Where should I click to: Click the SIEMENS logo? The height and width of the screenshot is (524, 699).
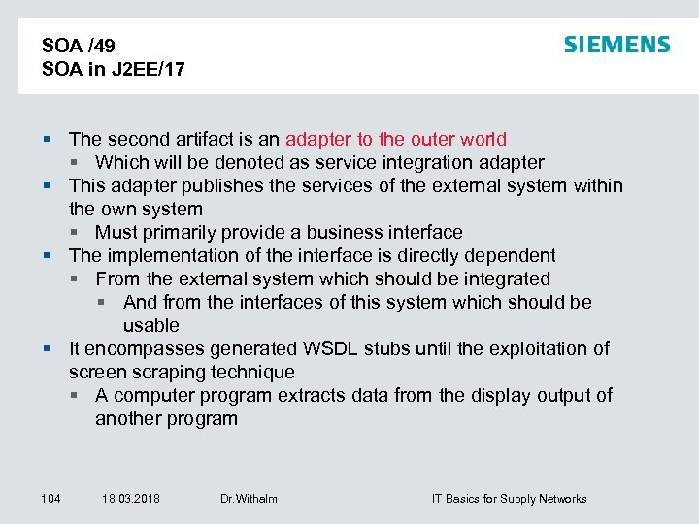coord(616,45)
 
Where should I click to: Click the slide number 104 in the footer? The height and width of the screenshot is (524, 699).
coord(51,499)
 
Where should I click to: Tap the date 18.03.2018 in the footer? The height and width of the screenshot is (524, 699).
coord(131,499)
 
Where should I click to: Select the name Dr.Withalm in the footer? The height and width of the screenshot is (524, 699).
coord(249,499)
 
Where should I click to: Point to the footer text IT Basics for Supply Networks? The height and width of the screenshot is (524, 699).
coord(509,499)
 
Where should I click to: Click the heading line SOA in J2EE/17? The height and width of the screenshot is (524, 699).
coord(114,70)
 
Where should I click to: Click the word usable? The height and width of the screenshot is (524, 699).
coord(150,325)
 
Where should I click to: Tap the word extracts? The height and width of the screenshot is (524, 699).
coord(309,395)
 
